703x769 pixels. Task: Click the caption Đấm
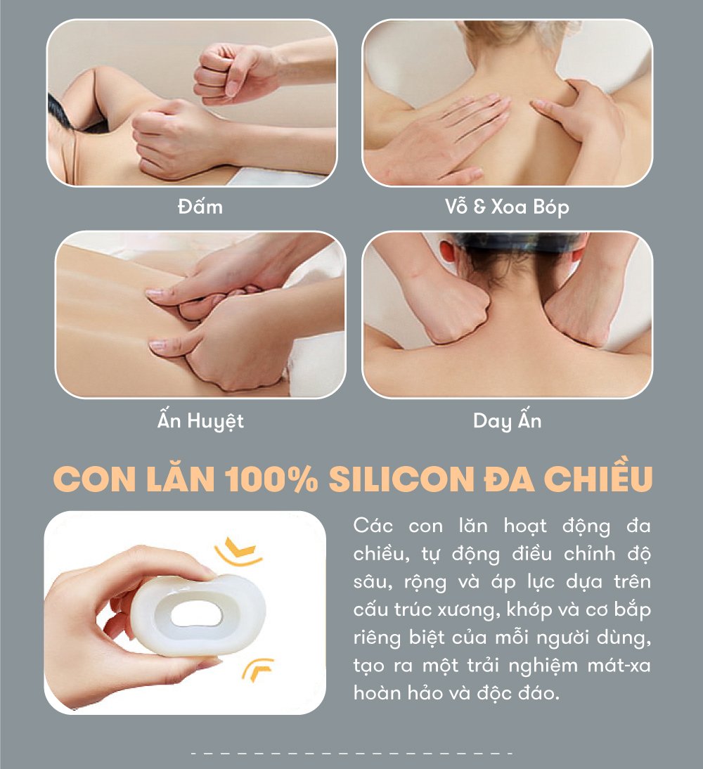pos(200,207)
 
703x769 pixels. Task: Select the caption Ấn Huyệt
pos(200,421)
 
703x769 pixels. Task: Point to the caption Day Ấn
pos(507,421)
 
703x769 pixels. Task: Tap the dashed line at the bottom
pos(351,754)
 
